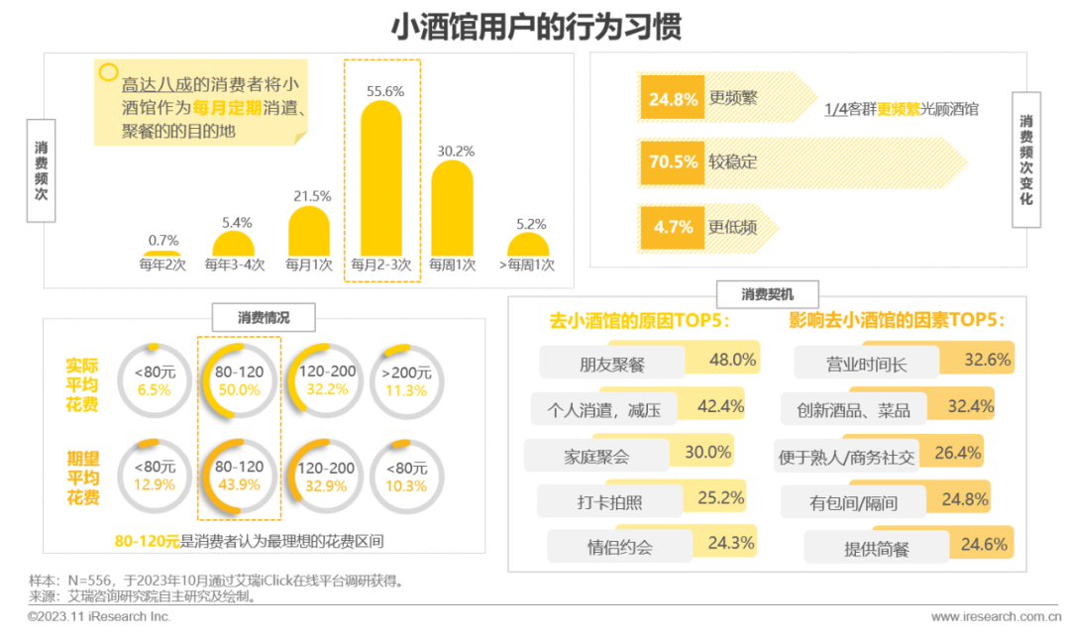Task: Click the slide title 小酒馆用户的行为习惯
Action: click(535, 26)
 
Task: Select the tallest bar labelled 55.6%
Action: click(381, 178)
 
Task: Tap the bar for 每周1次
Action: click(452, 208)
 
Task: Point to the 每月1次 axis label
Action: click(308, 266)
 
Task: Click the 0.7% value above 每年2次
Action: click(163, 240)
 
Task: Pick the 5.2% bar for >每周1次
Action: click(527, 246)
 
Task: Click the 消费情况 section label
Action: click(264, 318)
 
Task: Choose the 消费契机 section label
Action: click(767, 294)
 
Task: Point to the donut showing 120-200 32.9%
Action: click(326, 477)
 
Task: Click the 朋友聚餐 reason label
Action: click(612, 364)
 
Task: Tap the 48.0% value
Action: click(733, 361)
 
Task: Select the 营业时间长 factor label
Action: click(866, 364)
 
